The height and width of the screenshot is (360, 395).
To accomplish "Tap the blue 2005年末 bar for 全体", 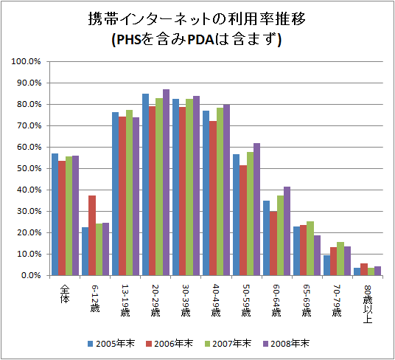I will [54, 214].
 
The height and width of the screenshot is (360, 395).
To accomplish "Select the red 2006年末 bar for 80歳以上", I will [363, 269].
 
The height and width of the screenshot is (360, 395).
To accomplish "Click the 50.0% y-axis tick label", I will [27, 168].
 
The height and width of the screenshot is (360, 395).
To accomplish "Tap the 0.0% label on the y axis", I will [29, 275].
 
